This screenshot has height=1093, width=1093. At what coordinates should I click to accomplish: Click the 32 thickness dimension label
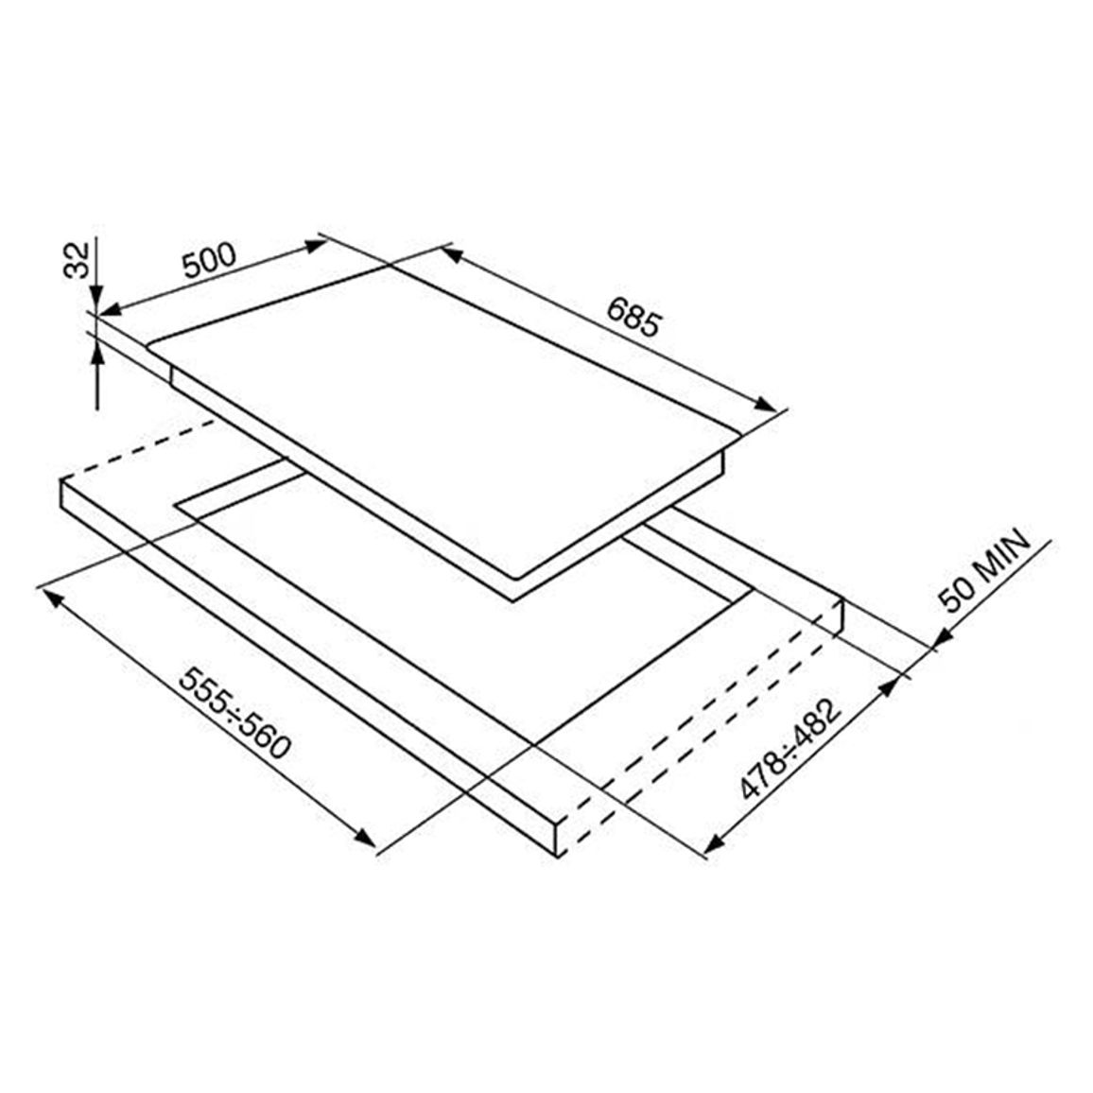78,259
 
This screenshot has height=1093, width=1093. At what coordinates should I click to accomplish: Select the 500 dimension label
209,260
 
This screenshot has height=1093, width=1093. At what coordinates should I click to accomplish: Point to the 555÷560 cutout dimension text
234,712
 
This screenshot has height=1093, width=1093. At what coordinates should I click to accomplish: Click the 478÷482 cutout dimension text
790,750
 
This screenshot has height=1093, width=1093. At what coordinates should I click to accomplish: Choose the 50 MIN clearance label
984,570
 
